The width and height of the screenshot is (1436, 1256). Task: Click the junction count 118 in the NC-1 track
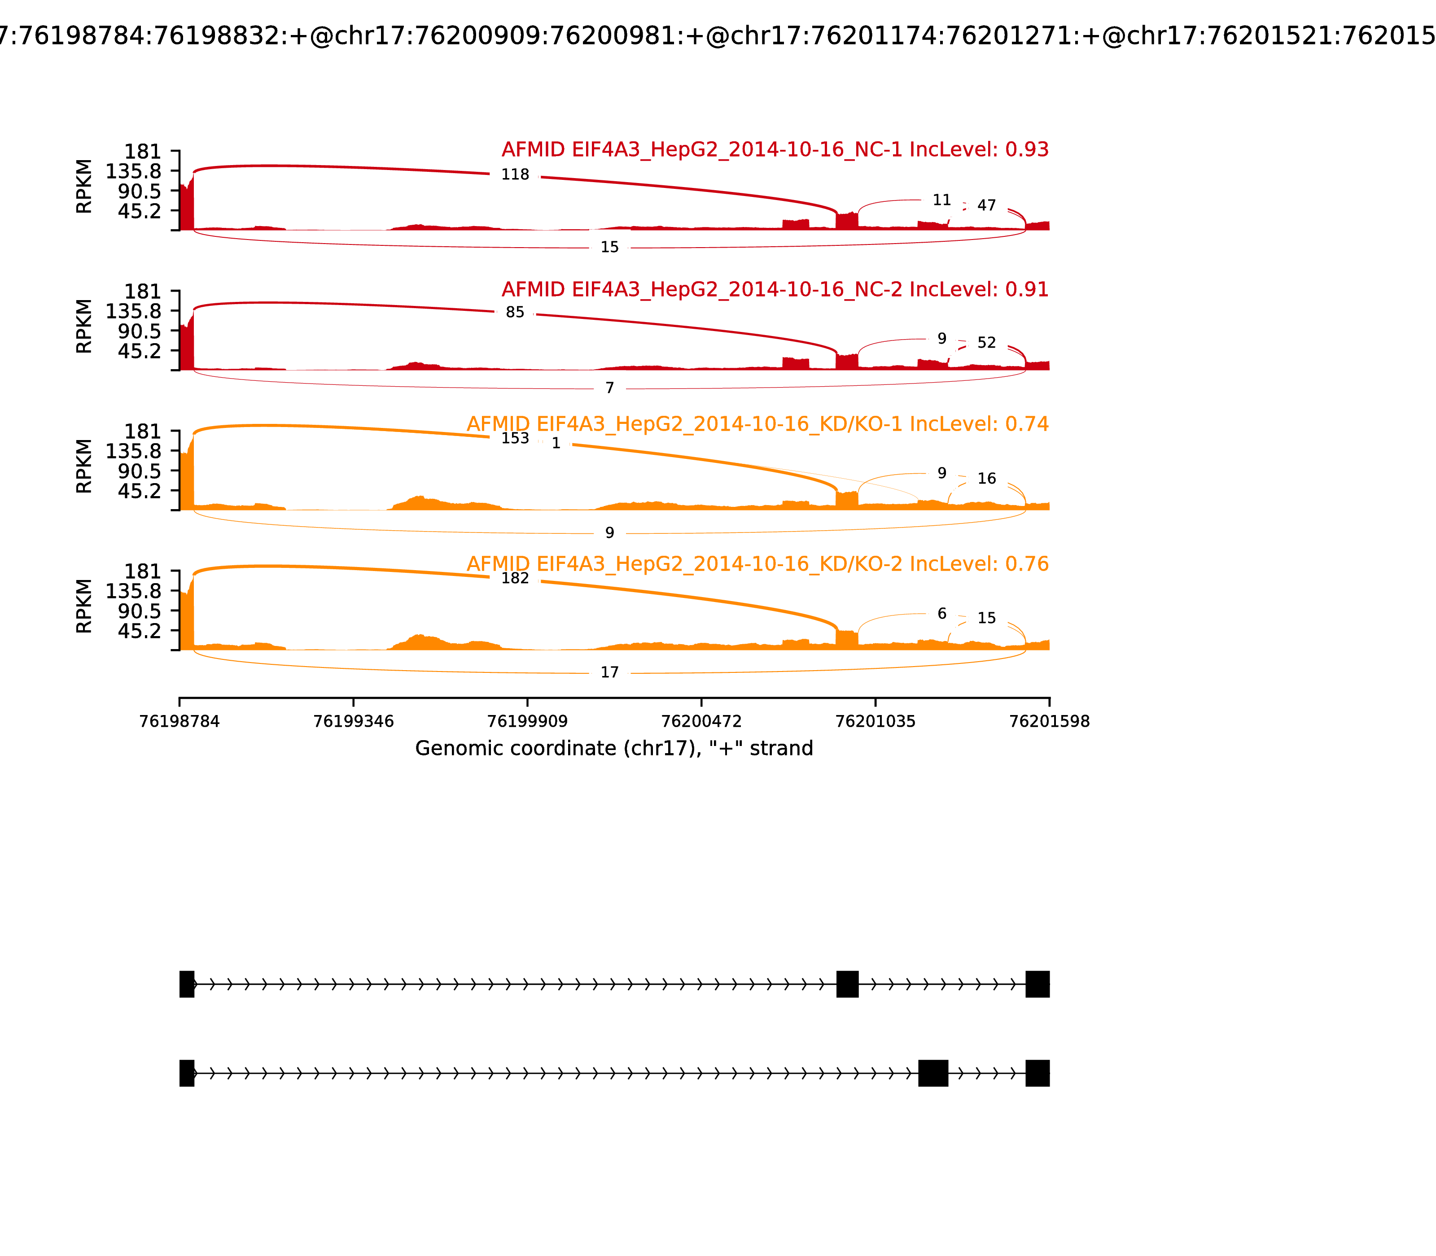click(515, 174)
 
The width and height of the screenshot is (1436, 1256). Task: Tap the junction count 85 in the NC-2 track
click(515, 313)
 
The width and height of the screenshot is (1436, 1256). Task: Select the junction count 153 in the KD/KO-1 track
click(515, 438)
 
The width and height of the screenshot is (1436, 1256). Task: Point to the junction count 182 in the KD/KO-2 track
click(515, 578)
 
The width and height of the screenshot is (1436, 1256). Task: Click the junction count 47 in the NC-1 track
click(986, 205)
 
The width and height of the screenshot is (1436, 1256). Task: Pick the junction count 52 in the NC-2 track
click(986, 343)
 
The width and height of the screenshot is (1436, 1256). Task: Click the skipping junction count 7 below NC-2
click(609, 388)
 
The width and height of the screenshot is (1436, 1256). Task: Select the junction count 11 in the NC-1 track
click(941, 201)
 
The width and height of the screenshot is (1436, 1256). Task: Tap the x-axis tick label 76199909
click(527, 721)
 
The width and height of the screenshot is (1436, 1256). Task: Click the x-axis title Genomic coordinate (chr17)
click(613, 749)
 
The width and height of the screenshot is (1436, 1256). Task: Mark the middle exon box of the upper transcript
click(847, 984)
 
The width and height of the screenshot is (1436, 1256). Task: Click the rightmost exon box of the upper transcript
click(1037, 984)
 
